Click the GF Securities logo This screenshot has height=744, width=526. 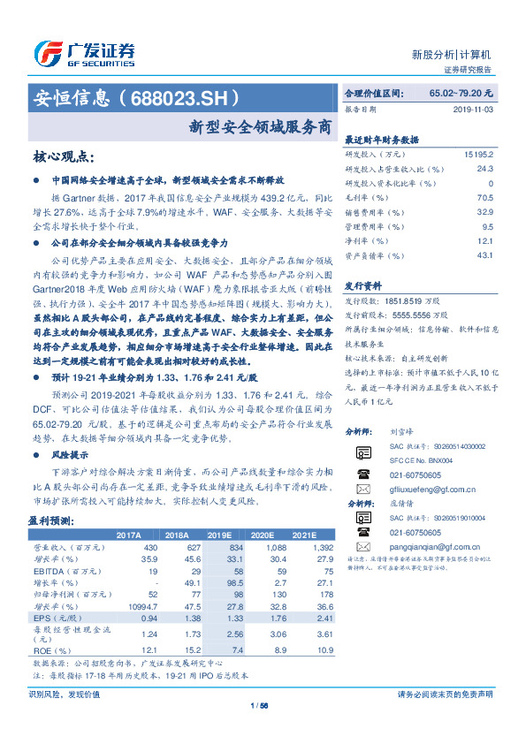[x=84, y=54]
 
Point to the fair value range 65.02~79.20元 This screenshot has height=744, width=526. [x=461, y=93]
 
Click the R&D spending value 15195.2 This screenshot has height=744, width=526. [x=477, y=153]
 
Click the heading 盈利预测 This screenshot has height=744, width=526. [x=50, y=520]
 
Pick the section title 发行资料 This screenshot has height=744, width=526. [x=362, y=285]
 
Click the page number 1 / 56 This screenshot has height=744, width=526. [x=260, y=705]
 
